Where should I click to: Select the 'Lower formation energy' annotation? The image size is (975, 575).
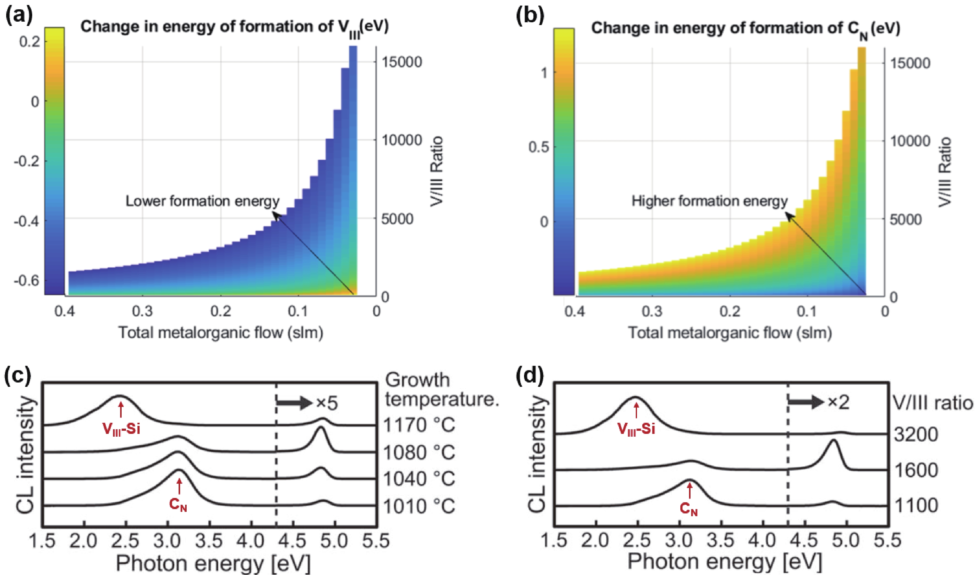pos(202,201)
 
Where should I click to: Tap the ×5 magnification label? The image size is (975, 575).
pos(327,404)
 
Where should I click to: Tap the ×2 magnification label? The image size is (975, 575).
pos(838,403)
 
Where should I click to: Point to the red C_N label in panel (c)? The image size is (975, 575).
pos(178,504)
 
